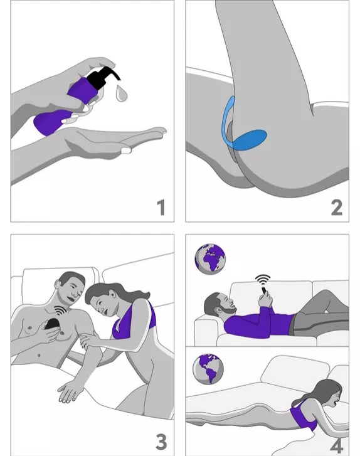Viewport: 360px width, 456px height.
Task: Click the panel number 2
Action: pyautogui.click(x=337, y=208)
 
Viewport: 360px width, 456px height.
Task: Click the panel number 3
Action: pyautogui.click(x=161, y=442)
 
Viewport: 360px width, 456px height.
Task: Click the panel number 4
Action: pyautogui.click(x=337, y=445)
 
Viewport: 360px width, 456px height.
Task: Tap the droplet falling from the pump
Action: pyautogui.click(x=121, y=93)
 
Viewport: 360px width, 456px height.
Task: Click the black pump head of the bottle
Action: pyautogui.click(x=104, y=77)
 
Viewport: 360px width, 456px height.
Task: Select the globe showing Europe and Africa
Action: pyautogui.click(x=210, y=258)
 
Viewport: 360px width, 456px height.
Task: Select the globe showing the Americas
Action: pyautogui.click(x=208, y=369)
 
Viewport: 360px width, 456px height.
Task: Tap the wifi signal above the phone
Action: pyautogui.click(x=263, y=280)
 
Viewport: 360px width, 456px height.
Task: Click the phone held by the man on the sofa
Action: pyautogui.click(x=263, y=291)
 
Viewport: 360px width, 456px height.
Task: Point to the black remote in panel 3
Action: pyautogui.click(x=53, y=324)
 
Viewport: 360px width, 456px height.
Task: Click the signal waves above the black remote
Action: pyautogui.click(x=61, y=310)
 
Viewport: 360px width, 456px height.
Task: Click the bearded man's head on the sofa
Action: pyautogui.click(x=219, y=304)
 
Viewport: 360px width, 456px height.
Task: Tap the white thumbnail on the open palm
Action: pyautogui.click(x=126, y=151)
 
